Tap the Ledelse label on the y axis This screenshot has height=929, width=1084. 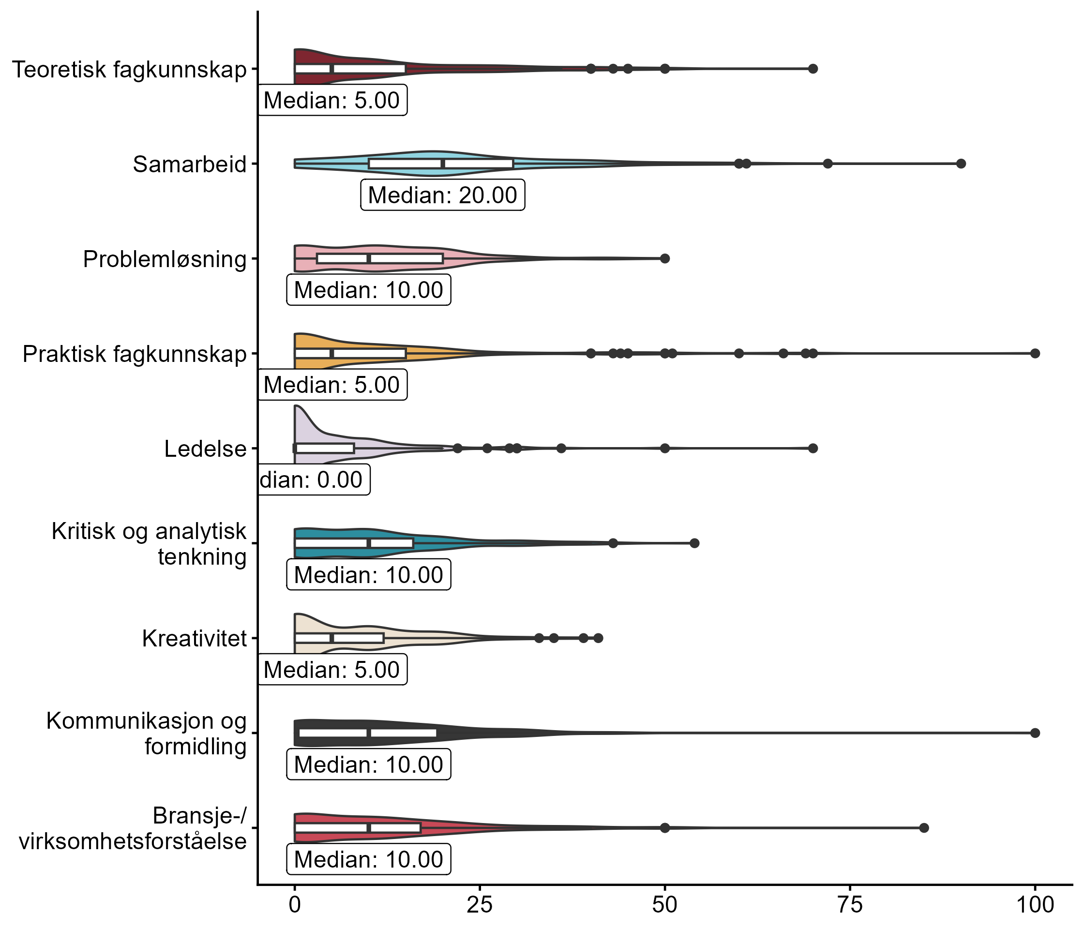205,449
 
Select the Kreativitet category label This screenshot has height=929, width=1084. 194,639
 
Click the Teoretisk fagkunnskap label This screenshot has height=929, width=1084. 129,70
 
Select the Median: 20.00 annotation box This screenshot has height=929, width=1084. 443,195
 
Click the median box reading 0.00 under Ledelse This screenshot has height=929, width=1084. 314,479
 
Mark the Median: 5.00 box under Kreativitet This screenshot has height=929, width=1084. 332,670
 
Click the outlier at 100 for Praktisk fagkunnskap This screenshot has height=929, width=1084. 1035,354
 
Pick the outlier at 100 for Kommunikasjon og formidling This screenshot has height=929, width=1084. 1035,733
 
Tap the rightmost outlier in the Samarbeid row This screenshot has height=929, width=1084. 961,164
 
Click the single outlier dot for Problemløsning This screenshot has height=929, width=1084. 665,258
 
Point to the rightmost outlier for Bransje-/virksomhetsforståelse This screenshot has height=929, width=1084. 924,828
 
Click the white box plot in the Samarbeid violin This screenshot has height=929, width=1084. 440,164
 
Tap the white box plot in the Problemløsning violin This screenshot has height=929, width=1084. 380,258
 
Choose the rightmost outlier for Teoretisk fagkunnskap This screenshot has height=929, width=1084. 813,69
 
